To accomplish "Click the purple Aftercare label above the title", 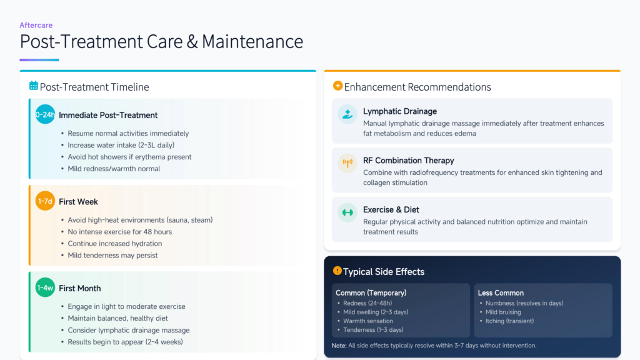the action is (36, 25).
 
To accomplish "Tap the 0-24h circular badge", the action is (45, 115).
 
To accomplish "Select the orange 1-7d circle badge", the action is (45, 201).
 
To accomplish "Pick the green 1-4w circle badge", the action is (45, 287).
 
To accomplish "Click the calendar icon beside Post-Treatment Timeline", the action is (34, 86).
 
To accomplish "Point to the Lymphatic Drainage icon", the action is (347, 114).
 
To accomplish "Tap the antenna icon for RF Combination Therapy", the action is (347, 163).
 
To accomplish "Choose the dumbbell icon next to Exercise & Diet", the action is (347, 212).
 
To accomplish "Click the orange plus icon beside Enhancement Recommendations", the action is (337, 86).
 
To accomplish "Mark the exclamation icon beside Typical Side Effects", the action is (337, 271).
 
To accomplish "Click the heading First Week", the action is (78, 202).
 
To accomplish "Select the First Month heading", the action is (79, 288).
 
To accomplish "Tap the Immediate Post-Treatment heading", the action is (108, 115).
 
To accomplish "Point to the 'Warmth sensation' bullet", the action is (367, 321).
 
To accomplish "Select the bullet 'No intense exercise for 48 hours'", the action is (119, 232).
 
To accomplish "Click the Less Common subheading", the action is (501, 293).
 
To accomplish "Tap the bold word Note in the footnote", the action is (339, 346).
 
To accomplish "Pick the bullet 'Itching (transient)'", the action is (509, 321).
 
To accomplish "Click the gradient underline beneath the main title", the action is (39, 60).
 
